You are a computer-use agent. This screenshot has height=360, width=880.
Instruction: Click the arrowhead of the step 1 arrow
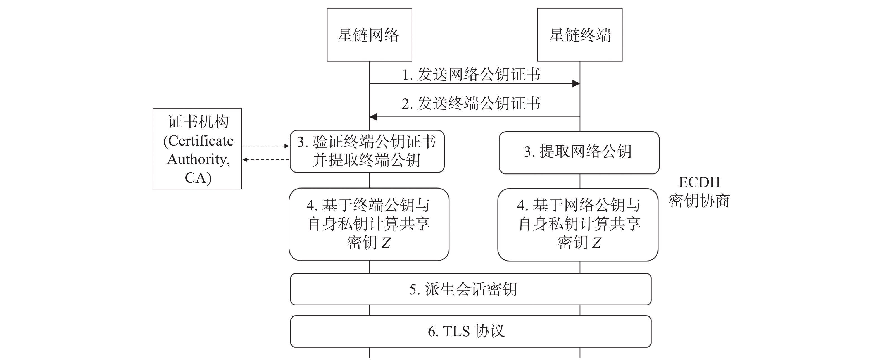click(576, 83)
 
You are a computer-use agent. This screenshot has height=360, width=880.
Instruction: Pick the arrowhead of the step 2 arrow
click(374, 117)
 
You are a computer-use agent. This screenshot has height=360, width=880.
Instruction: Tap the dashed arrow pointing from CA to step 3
click(266, 146)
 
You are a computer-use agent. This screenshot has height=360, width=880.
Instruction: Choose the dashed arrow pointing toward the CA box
click(266, 159)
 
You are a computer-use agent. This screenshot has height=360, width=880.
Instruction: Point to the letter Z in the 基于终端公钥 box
click(386, 243)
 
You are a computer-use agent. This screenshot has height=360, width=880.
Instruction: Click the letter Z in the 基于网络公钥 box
click(596, 243)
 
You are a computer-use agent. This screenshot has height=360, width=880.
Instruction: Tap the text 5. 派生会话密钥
click(463, 289)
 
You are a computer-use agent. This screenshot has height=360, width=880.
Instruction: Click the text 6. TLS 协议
click(466, 331)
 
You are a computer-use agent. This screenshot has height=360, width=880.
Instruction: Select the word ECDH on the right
click(699, 182)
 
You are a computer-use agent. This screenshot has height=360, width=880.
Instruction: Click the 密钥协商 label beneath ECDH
click(699, 201)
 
